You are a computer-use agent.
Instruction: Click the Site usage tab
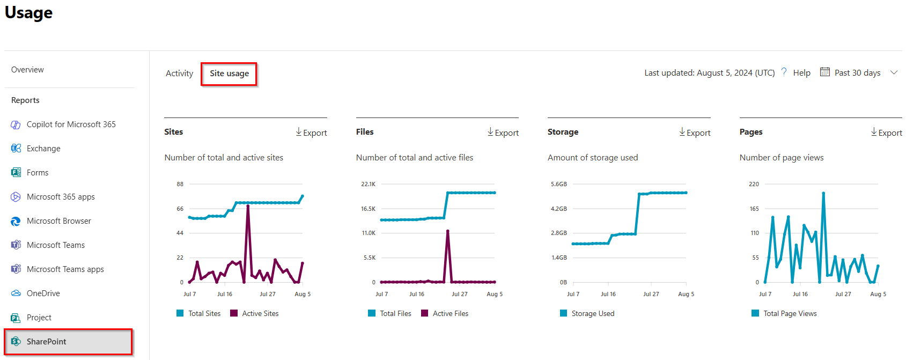229,74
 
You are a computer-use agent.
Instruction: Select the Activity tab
179,74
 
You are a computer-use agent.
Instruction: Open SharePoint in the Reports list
47,342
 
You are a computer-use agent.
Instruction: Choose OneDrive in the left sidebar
43,293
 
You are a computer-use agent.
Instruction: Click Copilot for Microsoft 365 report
71,124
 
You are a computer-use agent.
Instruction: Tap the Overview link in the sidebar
27,70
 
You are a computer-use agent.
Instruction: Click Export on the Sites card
311,133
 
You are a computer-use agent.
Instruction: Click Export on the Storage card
695,133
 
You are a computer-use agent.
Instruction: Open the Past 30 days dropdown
858,73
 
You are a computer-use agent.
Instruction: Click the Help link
801,73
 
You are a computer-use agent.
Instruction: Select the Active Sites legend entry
255,313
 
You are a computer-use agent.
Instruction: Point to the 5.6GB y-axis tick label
558,184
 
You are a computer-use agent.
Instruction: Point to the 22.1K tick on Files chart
368,184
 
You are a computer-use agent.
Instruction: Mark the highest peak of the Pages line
823,193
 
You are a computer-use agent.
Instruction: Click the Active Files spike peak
447,231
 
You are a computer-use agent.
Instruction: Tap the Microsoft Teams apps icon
16,269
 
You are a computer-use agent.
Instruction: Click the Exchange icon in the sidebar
16,149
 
